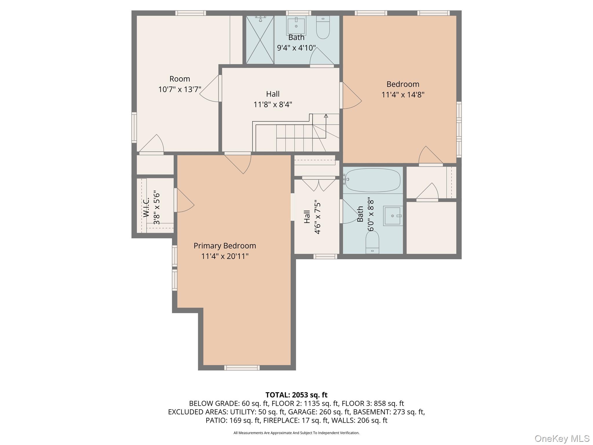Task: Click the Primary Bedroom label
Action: (225, 246)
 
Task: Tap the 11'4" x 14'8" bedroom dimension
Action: (403, 95)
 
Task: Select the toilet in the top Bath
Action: (323, 27)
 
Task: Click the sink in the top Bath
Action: (296, 26)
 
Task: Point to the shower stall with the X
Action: (260, 40)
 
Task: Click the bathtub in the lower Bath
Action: (373, 180)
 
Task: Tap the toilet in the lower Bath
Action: (372, 243)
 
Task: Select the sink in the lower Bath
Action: (393, 216)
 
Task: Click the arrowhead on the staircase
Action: (326, 116)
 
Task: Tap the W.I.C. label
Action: (146, 207)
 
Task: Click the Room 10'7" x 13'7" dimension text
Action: (180, 89)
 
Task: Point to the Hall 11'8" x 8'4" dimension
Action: (273, 104)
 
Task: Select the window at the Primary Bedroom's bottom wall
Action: (242, 368)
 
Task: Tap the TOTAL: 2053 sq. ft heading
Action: (296, 395)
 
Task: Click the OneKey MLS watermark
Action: (562, 438)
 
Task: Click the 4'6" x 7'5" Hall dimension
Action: (317, 217)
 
